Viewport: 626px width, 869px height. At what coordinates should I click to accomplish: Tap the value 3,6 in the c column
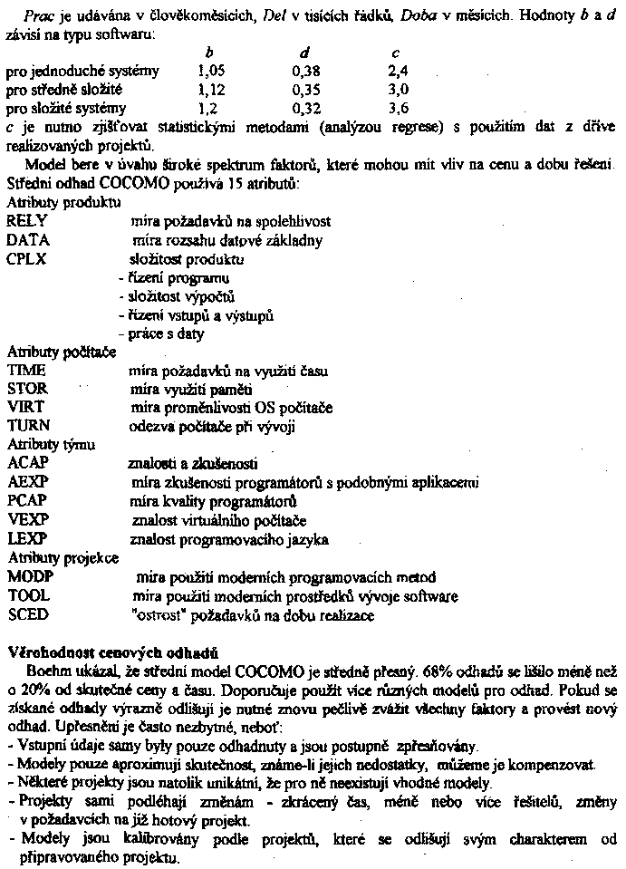tap(398, 108)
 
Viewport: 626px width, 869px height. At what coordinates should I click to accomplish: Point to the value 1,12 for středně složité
tap(209, 90)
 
